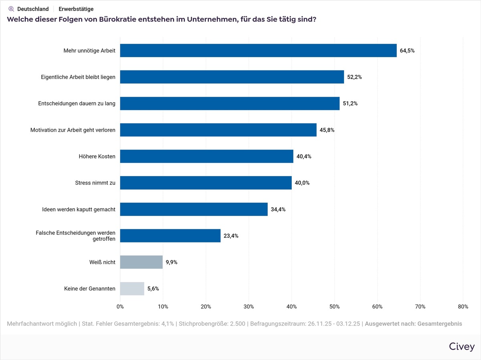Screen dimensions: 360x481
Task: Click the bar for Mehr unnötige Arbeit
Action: pyautogui.click(x=258, y=50)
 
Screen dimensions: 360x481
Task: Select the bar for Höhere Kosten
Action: pyautogui.click(x=206, y=156)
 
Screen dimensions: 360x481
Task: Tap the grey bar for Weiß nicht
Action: pyautogui.click(x=141, y=262)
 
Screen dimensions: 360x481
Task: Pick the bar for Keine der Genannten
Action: pyautogui.click(x=132, y=288)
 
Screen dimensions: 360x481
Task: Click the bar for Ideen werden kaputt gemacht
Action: pyautogui.click(x=194, y=209)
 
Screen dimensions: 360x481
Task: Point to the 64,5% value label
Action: pyautogui.click(x=407, y=51)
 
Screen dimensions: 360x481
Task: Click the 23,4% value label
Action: pyautogui.click(x=231, y=236)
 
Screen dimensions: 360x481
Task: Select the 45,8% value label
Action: pyautogui.click(x=327, y=130)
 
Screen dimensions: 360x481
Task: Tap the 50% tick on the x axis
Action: pyautogui.click(x=335, y=307)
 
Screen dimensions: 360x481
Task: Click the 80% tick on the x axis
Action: pyautogui.click(x=463, y=307)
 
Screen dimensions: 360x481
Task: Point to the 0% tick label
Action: pyautogui.click(x=120, y=307)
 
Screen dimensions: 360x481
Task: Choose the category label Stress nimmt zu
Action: pyautogui.click(x=95, y=183)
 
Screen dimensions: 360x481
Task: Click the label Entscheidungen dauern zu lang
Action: pyautogui.click(x=77, y=104)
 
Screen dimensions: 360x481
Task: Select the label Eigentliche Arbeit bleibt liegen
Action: pyautogui.click(x=78, y=77)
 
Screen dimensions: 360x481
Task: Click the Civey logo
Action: pyautogui.click(x=462, y=346)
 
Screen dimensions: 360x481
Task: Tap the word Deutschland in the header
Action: pyautogui.click(x=33, y=9)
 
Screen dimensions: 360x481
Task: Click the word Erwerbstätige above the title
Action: pyautogui.click(x=76, y=9)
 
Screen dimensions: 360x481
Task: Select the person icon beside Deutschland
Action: pyautogui.click(x=11, y=9)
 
